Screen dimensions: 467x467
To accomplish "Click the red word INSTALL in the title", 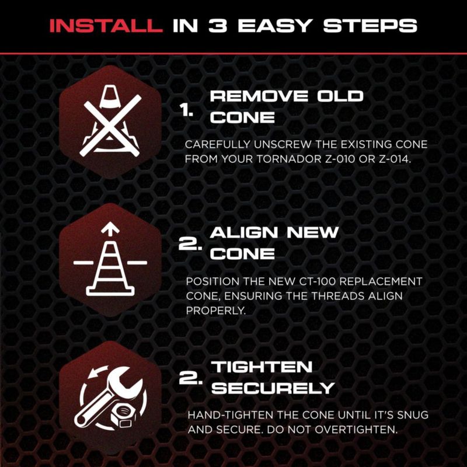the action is point(106,26).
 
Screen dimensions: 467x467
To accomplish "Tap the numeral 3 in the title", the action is point(218,26).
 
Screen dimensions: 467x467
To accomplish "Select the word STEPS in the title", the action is point(370,26).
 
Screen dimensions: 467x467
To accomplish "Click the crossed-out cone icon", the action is point(111,121).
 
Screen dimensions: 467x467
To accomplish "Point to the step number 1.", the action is point(186,111).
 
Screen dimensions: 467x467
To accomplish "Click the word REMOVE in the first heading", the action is point(259,96).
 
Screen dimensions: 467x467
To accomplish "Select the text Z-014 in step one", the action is point(395,159).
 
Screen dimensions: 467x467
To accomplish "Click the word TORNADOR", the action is point(289,159).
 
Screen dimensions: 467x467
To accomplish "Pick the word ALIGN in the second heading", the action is point(244,232).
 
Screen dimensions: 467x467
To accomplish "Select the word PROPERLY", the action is point(215,311).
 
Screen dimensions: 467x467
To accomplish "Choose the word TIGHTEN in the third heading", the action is point(262,367).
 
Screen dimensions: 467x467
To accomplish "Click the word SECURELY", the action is point(273,388).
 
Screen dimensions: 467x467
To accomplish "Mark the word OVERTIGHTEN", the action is point(356,430).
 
